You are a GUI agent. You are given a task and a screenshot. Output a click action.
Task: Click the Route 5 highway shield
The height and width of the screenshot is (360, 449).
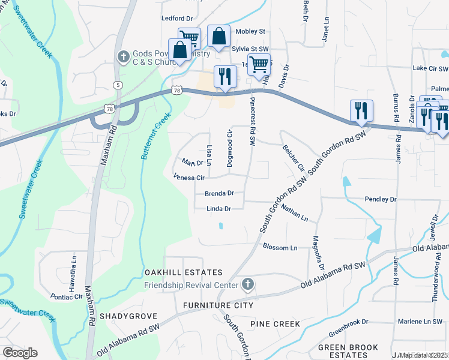(x=118, y=85)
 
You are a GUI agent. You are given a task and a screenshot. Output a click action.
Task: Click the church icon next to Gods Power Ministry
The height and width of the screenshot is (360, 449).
(x=124, y=56)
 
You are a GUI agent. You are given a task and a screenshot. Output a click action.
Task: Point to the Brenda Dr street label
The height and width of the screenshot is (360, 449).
(x=218, y=194)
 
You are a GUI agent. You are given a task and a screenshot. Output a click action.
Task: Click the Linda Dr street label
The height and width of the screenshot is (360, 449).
(x=218, y=209)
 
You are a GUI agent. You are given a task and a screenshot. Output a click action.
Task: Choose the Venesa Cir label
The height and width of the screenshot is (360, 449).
(x=189, y=178)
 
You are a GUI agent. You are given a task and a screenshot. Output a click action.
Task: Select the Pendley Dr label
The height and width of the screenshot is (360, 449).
(x=381, y=199)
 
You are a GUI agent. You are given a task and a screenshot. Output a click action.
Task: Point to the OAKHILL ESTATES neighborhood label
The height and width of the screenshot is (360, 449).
(x=183, y=273)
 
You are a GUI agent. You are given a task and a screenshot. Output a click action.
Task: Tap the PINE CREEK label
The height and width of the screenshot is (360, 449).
(x=274, y=324)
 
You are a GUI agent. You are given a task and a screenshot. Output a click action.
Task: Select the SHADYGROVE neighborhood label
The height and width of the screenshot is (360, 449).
(x=128, y=316)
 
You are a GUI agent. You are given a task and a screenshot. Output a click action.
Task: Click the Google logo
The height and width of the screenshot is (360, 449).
(x=20, y=353)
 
